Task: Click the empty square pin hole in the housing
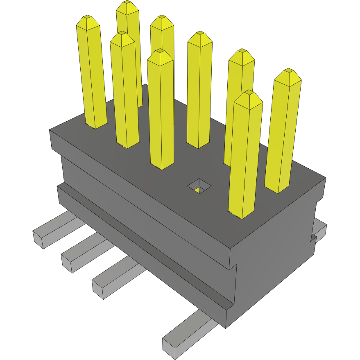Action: [199, 186]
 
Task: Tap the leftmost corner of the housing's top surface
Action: [50, 130]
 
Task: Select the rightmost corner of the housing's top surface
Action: [326, 178]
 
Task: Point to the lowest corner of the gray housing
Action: [226, 328]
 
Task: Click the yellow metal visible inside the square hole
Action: [197, 189]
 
